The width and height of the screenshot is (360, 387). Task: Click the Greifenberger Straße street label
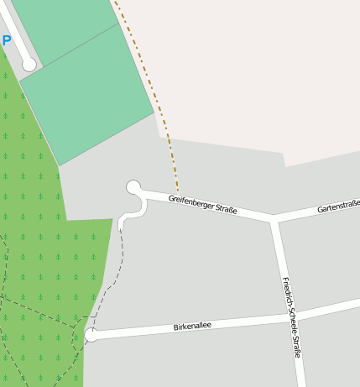(202, 204)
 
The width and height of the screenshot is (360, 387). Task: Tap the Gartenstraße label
(338, 206)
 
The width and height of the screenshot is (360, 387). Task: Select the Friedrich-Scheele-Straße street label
(291, 317)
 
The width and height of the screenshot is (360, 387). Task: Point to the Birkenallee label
(192, 326)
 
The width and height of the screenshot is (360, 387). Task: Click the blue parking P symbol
(7, 40)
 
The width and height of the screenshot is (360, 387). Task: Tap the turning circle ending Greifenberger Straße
(133, 187)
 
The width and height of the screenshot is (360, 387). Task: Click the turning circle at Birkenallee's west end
(91, 336)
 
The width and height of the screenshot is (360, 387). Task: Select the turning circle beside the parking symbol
(29, 64)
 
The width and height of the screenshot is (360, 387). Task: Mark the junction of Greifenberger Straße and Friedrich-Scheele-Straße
(274, 220)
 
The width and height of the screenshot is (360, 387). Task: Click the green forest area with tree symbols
(34, 210)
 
